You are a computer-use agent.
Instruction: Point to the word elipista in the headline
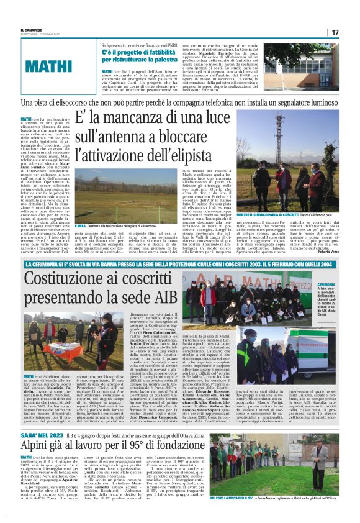tap(179, 150)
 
